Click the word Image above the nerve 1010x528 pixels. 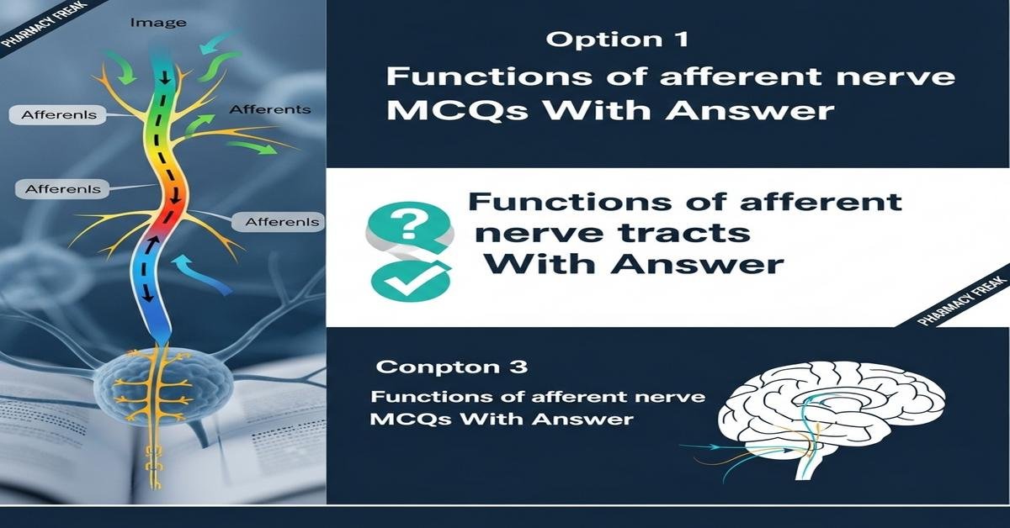[158, 23]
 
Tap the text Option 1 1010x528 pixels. [617, 40]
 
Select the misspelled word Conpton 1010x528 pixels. [438, 367]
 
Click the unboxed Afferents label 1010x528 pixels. [270, 109]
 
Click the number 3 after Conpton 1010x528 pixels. [518, 367]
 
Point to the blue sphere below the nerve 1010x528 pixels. [162, 388]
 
